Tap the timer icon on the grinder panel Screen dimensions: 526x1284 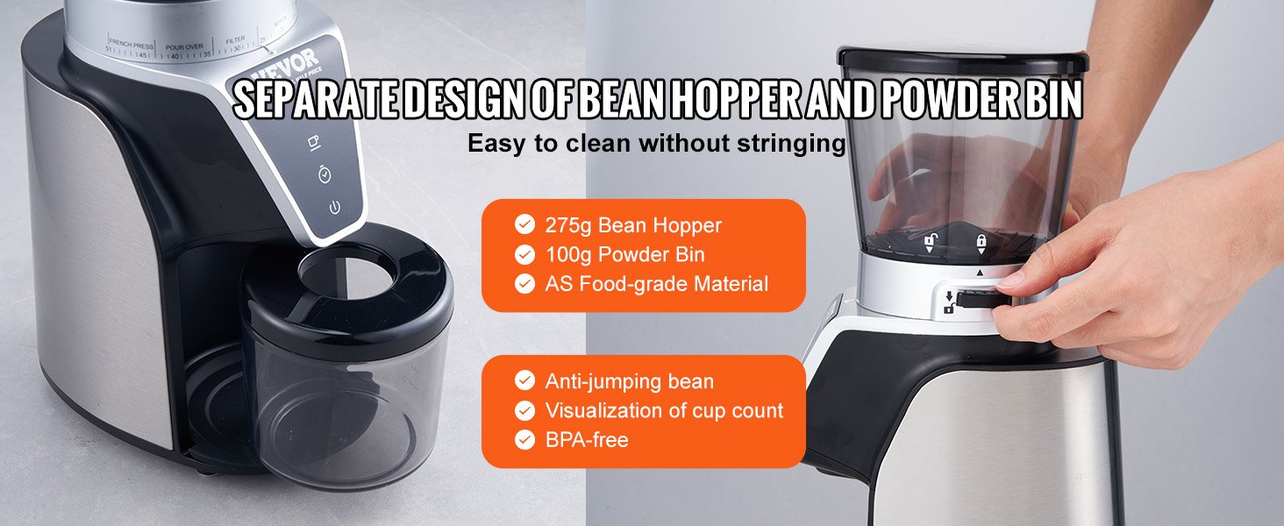point(325,175)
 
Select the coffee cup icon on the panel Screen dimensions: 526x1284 point(315,142)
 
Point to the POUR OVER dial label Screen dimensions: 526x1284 point(184,44)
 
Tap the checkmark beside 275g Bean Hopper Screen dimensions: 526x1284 point(524,225)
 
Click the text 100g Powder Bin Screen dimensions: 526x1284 point(624,255)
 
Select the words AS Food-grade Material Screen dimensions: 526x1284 point(656,284)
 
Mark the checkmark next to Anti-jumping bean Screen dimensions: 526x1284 point(524,381)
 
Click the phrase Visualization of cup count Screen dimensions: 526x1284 point(664,410)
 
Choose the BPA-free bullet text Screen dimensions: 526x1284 point(587,439)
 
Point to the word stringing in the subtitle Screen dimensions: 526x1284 point(792,143)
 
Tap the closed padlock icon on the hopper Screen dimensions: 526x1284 point(981,241)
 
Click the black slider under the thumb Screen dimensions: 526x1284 point(976,300)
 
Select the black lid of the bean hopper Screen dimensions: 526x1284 point(962,61)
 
